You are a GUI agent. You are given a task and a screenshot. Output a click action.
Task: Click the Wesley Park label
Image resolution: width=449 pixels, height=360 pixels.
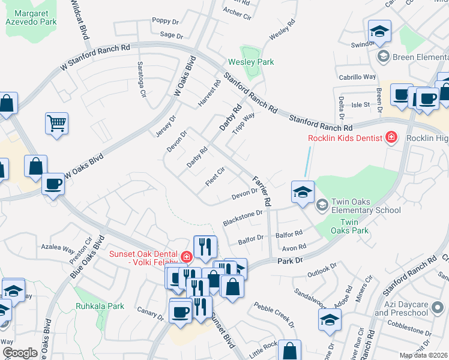tap(251, 62)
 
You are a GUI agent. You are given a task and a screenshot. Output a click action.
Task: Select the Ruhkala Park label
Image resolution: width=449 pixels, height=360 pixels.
tap(100, 306)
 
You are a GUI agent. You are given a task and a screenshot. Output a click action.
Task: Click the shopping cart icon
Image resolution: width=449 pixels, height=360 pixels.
tap(56, 124)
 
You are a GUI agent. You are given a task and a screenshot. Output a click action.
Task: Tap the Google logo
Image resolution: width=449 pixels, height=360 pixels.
tap(20, 353)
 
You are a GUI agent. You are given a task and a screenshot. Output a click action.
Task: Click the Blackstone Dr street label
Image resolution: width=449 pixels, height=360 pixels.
tap(243, 217)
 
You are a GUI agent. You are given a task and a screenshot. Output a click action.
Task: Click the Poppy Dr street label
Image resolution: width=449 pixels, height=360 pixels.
tap(161, 20)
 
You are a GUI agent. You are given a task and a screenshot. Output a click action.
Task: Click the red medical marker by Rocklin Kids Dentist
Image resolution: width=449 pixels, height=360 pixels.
tap(391, 137)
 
